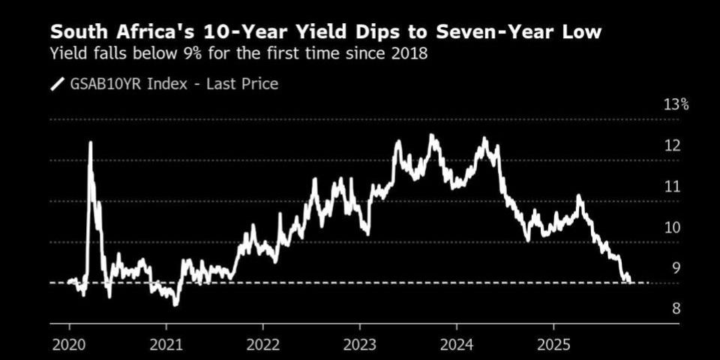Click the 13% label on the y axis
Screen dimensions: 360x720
click(x=676, y=104)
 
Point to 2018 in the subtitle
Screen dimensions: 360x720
click(x=409, y=54)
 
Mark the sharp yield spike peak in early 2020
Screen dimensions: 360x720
click(x=90, y=142)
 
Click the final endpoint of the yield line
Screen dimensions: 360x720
click(x=630, y=282)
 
